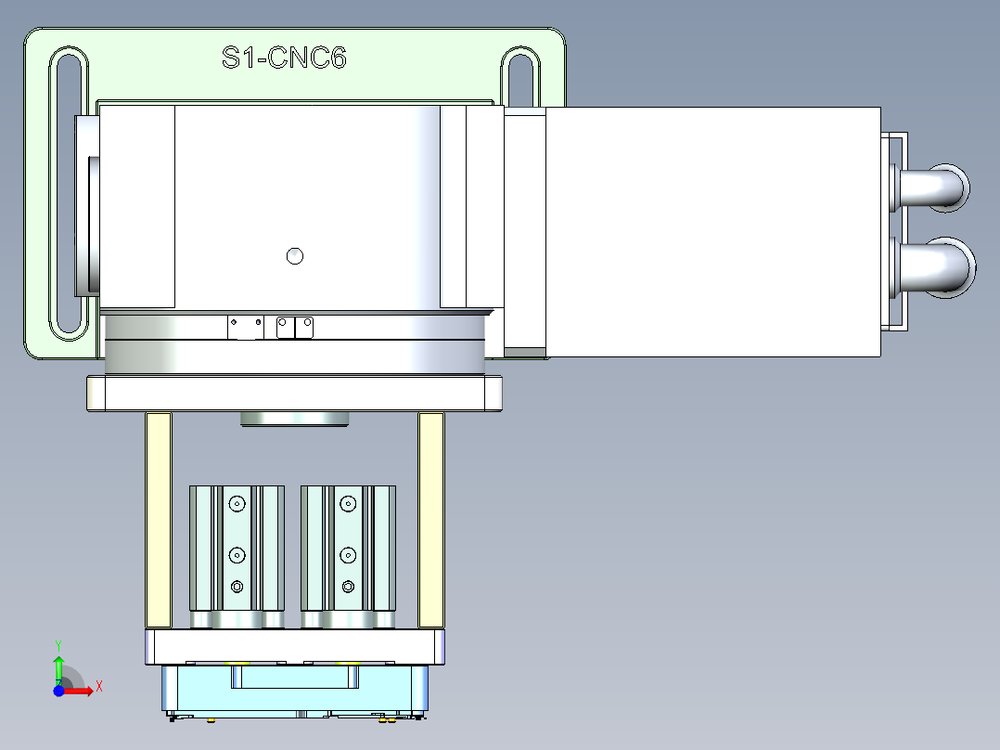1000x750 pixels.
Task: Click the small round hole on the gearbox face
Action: (x=295, y=256)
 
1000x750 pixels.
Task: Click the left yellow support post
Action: (x=159, y=520)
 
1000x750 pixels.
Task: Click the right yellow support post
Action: (x=431, y=520)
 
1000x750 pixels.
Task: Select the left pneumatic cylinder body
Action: (x=237, y=557)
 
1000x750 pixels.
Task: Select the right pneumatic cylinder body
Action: (x=348, y=557)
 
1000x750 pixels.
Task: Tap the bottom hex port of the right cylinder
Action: (x=348, y=586)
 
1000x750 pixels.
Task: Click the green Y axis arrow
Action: (x=58, y=666)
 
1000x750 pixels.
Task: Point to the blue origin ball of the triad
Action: (x=58, y=691)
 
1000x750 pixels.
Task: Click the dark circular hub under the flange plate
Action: (x=294, y=420)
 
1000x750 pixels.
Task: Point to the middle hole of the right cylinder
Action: (x=348, y=556)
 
